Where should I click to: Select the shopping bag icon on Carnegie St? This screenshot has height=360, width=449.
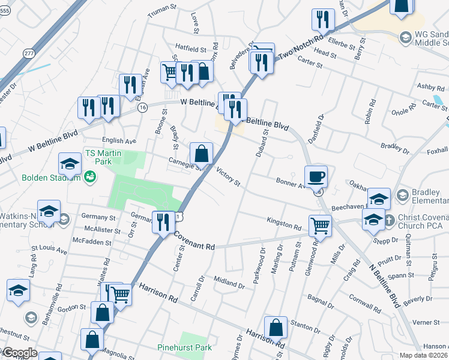[x=202, y=154]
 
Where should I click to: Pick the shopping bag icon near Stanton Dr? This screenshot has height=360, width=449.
[x=276, y=328]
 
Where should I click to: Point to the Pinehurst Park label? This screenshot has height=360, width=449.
[x=185, y=347]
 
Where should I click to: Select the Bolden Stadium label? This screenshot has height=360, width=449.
[x=52, y=178]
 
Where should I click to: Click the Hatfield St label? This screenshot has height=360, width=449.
[x=190, y=46]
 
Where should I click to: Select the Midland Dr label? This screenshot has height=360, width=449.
[x=229, y=283]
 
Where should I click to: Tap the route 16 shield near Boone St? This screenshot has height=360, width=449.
[x=142, y=107]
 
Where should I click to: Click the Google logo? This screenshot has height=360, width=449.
[x=19, y=353]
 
